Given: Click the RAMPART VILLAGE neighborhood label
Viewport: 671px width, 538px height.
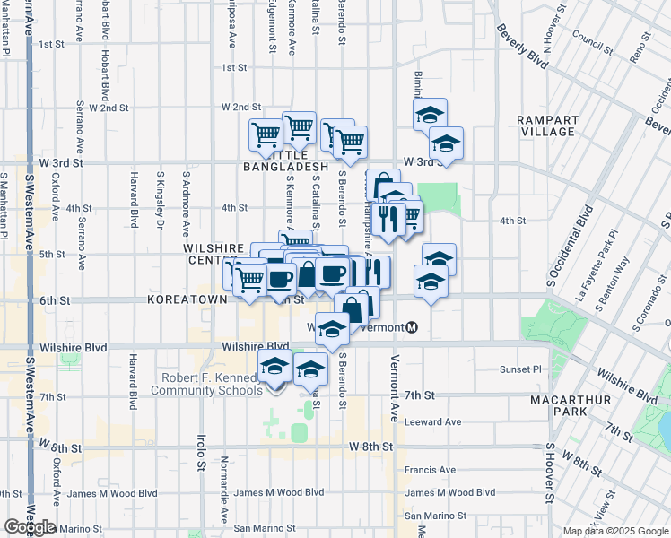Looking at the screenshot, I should pyautogui.click(x=546, y=126).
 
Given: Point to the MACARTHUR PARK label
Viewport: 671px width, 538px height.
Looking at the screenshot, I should pyautogui.click(x=559, y=405).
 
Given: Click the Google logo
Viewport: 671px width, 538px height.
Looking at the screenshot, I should pyautogui.click(x=29, y=527).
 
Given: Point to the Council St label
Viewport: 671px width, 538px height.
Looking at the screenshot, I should pyautogui.click(x=589, y=39).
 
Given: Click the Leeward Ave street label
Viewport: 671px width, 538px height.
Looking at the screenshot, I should pyautogui.click(x=432, y=421).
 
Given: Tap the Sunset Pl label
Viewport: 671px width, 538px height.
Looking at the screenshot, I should pyautogui.click(x=522, y=369).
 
